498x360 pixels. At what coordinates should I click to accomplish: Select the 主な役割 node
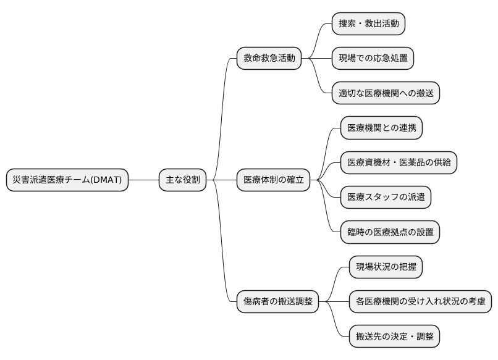click(x=182, y=180)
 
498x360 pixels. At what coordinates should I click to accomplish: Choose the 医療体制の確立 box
click(x=273, y=180)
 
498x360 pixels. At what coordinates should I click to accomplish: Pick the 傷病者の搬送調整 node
click(x=277, y=302)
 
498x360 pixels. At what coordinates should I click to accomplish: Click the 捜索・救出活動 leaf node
click(x=368, y=24)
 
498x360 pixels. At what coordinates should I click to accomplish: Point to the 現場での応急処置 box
click(x=372, y=59)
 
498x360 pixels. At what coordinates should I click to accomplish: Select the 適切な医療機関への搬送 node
click(x=386, y=93)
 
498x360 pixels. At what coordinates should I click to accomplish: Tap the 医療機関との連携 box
click(x=381, y=128)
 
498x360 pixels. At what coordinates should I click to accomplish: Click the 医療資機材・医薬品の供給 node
click(x=399, y=163)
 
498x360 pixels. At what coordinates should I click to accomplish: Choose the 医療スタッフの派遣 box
click(x=386, y=198)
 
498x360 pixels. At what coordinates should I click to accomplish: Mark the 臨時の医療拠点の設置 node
click(x=390, y=232)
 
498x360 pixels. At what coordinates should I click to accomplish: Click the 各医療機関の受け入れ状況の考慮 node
click(x=420, y=302)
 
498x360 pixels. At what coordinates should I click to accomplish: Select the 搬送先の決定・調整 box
click(x=394, y=337)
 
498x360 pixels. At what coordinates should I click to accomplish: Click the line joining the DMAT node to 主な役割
click(x=143, y=180)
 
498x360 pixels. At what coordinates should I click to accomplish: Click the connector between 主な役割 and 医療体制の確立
click(x=222, y=180)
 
